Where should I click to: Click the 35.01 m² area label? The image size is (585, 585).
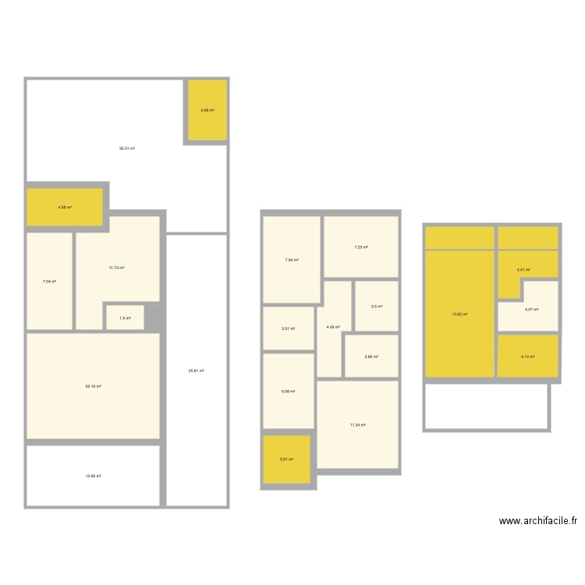point(127,148)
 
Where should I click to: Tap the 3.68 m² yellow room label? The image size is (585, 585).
point(207,111)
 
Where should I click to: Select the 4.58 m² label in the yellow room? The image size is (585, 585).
point(65,207)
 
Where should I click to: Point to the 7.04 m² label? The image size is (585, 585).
point(49,282)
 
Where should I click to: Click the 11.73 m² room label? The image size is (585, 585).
point(117,268)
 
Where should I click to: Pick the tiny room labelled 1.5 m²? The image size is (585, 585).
point(125,318)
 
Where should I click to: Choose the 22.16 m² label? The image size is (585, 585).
point(94,386)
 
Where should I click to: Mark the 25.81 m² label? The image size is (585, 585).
point(197,370)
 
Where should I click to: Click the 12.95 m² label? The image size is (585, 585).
point(94,476)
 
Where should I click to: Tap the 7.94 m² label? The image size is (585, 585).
point(292,260)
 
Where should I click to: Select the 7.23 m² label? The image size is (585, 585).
point(361,247)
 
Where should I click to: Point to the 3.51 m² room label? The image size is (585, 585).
point(289,328)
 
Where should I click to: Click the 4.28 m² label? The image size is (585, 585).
point(333,328)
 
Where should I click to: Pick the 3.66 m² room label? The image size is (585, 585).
point(371,356)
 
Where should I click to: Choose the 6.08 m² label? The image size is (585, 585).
point(289,391)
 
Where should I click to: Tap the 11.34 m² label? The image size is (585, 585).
point(358,425)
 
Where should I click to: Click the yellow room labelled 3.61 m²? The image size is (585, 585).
point(286,459)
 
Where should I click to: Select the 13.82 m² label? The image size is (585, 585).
point(459,314)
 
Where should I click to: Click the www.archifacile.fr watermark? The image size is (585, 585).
point(538,522)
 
